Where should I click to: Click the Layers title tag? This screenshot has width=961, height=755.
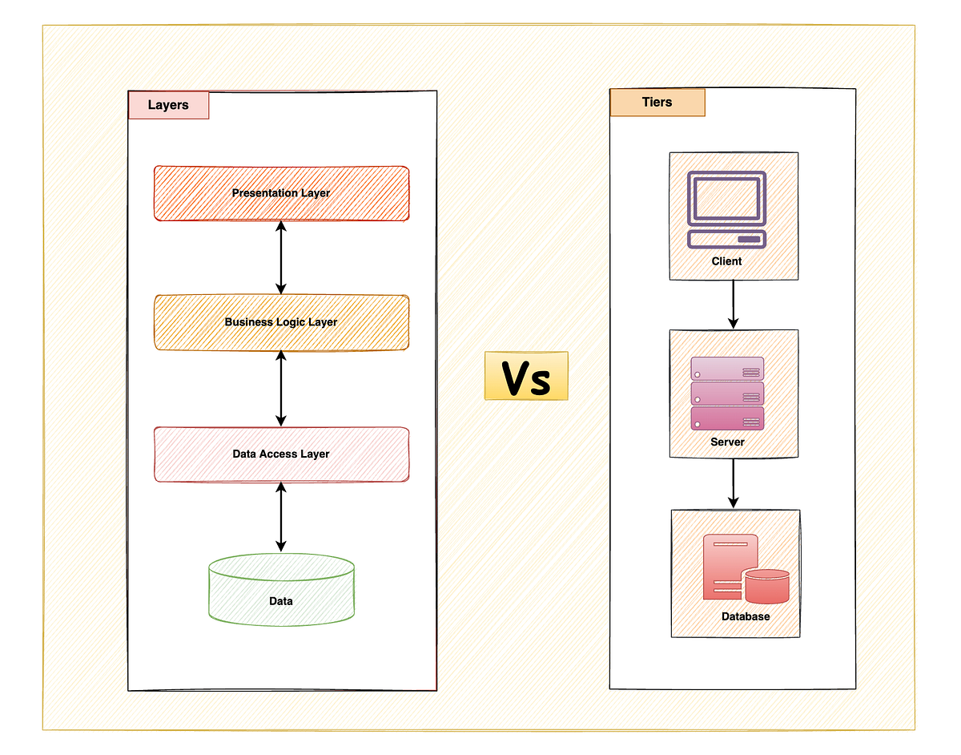[168, 105]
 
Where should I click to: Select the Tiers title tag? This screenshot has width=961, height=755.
[657, 103]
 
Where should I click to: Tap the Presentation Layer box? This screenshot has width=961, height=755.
[281, 193]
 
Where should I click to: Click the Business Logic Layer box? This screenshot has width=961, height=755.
[281, 322]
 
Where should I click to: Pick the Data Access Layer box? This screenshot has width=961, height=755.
[281, 454]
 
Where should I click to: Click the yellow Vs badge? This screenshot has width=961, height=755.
[526, 376]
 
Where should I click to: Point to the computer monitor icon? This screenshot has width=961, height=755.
[727, 210]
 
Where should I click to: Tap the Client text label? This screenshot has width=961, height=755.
[726, 261]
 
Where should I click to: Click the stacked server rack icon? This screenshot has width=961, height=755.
[727, 394]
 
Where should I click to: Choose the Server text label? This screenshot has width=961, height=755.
[727, 442]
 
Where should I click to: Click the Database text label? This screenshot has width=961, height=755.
[745, 616]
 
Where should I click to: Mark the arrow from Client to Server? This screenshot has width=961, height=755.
[733, 305]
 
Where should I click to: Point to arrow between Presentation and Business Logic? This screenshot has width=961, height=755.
[280, 257]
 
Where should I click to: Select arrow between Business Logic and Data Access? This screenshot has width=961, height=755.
[280, 388]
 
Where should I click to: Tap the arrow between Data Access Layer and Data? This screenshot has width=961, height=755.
[280, 517]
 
